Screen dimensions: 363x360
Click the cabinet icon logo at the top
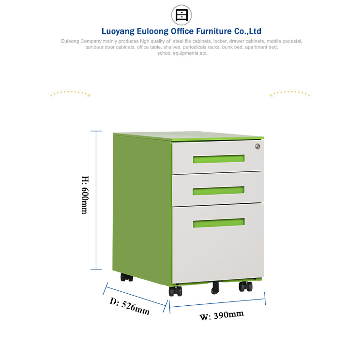click(181, 15)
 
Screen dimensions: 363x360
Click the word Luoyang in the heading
click(118, 31)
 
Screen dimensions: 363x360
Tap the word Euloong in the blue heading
click(152, 31)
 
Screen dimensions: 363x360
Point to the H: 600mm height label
click(85, 195)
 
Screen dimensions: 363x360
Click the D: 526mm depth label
click(129, 306)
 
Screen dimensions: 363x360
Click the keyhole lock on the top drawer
click(257, 146)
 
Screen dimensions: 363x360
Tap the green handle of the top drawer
click(219, 159)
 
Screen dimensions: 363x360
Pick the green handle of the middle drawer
click(218, 191)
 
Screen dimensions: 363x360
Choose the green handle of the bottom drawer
click(219, 223)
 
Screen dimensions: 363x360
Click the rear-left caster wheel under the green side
click(127, 277)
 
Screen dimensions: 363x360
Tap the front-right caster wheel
click(245, 286)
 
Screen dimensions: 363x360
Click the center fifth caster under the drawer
click(215, 288)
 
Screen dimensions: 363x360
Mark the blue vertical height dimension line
click(96, 200)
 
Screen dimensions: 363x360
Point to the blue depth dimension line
click(135, 297)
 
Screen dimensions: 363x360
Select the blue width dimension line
click(217, 303)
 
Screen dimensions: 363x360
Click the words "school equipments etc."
click(182, 53)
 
